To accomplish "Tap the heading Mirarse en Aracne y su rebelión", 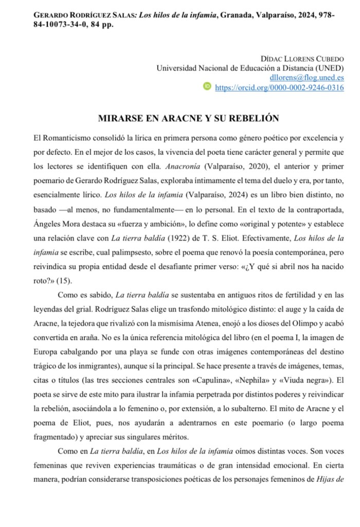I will [188, 118].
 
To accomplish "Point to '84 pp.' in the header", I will [101, 25].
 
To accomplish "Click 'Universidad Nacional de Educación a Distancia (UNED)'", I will [250, 67].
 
